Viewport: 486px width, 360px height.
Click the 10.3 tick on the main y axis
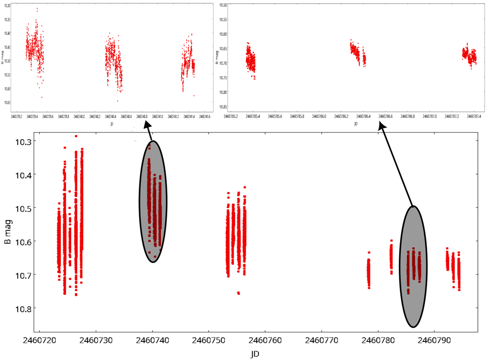23,141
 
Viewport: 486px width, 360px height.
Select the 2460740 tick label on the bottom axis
152,339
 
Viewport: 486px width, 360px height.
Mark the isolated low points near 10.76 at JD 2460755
238,293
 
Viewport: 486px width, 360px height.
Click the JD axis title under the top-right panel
356,124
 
